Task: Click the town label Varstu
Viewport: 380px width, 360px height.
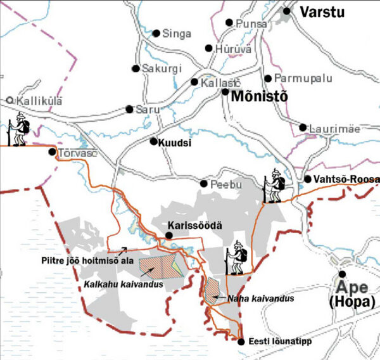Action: click(x=323, y=12)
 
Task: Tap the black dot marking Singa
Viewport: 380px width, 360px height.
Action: click(x=156, y=34)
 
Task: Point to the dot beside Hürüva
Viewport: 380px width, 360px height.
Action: click(x=208, y=48)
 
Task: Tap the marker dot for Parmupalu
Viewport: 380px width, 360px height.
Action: click(x=268, y=79)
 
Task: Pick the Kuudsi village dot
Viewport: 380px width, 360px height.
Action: click(x=153, y=141)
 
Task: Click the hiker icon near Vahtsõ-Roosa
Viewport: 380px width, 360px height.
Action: click(x=275, y=185)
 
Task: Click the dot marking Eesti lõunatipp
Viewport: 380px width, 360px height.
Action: click(x=241, y=342)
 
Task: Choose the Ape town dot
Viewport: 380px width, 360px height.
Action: click(x=343, y=274)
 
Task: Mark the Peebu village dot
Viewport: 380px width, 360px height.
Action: click(x=204, y=184)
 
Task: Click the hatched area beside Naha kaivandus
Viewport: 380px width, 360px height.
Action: click(x=212, y=288)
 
